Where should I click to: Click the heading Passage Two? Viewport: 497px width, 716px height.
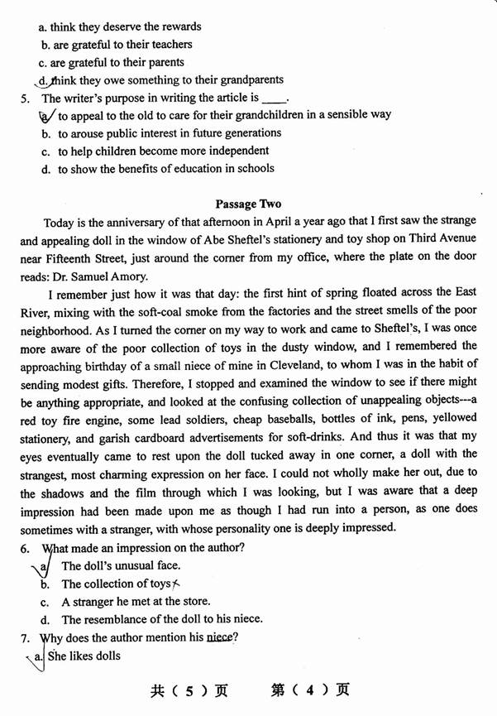click(248, 204)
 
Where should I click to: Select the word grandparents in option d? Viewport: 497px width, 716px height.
click(247, 80)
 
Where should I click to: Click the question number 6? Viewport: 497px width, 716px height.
click(24, 548)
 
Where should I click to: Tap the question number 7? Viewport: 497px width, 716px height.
click(24, 637)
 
